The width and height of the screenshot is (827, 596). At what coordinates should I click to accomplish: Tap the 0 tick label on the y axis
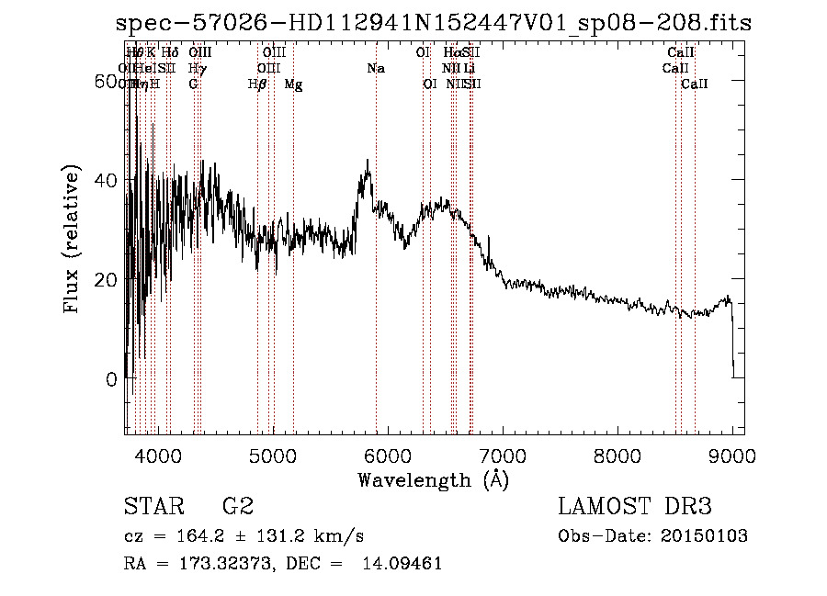[x=111, y=378]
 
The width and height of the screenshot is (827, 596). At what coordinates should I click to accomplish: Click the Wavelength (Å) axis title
[x=433, y=479]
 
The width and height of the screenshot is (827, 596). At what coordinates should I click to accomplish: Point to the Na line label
[x=375, y=69]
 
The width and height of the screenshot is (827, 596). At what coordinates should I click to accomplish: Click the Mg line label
[x=293, y=84]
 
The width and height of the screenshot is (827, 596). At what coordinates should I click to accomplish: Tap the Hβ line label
[x=257, y=84]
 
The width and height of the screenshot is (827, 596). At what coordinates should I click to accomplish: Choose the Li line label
[x=469, y=69]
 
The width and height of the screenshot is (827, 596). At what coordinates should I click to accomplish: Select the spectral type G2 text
[x=237, y=507]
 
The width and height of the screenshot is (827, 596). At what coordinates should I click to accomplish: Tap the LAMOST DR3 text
[x=635, y=507]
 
